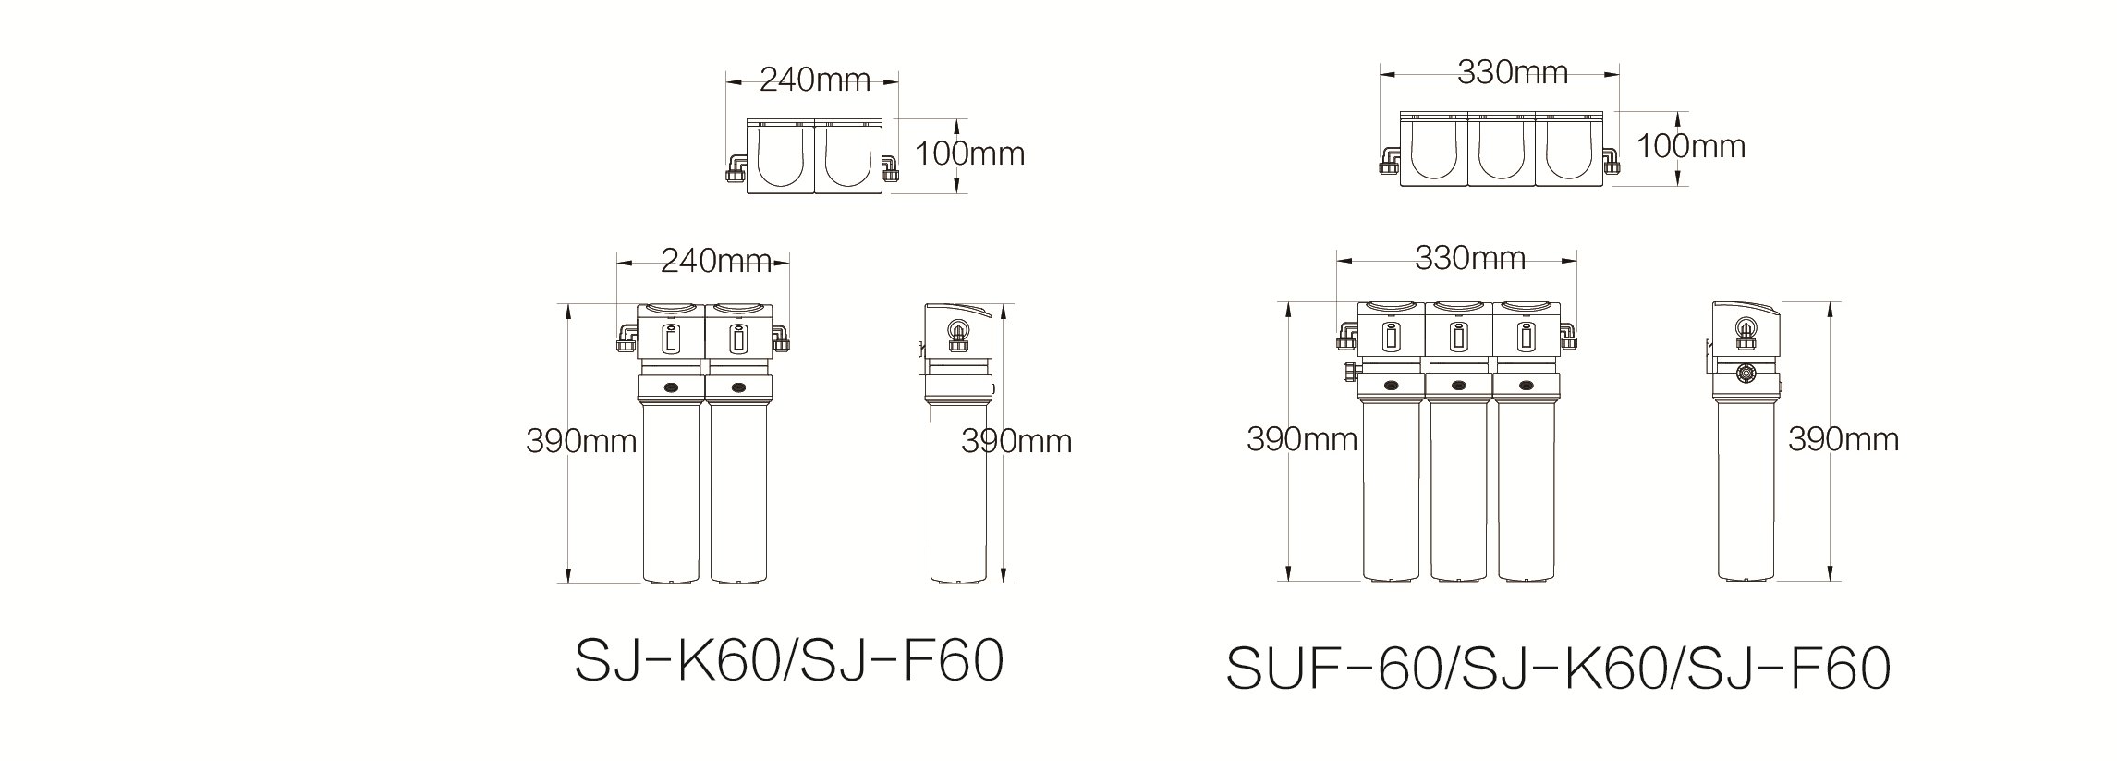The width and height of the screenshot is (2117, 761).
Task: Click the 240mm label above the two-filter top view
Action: point(815,80)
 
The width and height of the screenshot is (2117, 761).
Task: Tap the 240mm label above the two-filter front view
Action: point(716,263)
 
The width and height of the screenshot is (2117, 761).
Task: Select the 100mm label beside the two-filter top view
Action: point(970,153)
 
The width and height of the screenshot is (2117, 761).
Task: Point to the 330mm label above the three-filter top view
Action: point(1513,72)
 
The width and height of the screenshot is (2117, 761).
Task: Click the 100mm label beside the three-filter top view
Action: point(1691,146)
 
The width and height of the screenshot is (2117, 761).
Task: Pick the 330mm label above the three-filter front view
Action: point(1470,258)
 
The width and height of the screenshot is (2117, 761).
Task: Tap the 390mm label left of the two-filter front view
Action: point(581,442)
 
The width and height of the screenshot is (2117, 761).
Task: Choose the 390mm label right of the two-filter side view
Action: point(1016,442)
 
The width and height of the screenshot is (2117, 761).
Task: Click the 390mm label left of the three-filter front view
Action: point(1302,439)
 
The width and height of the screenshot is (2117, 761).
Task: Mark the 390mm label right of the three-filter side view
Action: point(1843,439)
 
